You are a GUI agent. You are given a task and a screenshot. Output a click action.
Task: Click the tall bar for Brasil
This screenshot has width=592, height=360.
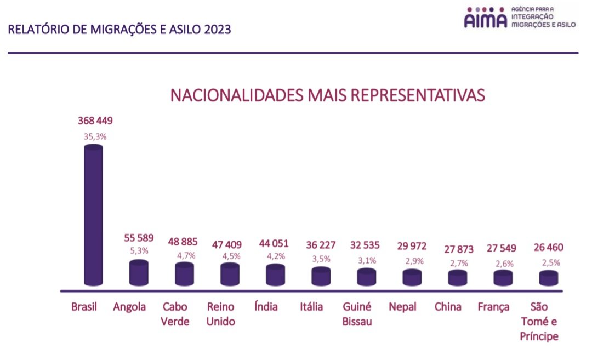93,216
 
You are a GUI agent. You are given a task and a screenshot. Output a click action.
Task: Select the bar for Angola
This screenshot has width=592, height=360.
138,273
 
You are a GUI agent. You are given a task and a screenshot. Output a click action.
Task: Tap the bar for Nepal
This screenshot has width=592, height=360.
412,277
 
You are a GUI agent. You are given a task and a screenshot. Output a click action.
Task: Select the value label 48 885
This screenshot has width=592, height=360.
184,242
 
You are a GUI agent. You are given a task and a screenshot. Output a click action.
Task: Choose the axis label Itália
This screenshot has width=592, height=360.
311,307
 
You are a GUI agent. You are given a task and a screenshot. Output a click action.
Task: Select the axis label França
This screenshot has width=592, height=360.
493,307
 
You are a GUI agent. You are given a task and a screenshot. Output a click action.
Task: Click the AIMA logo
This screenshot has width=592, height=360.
485,18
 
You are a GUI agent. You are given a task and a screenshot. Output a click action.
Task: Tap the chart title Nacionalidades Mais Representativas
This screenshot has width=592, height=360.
327,95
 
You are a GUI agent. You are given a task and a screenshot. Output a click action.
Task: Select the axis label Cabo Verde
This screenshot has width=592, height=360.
175,314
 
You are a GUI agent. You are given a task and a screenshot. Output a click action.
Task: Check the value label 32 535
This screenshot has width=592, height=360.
366,245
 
